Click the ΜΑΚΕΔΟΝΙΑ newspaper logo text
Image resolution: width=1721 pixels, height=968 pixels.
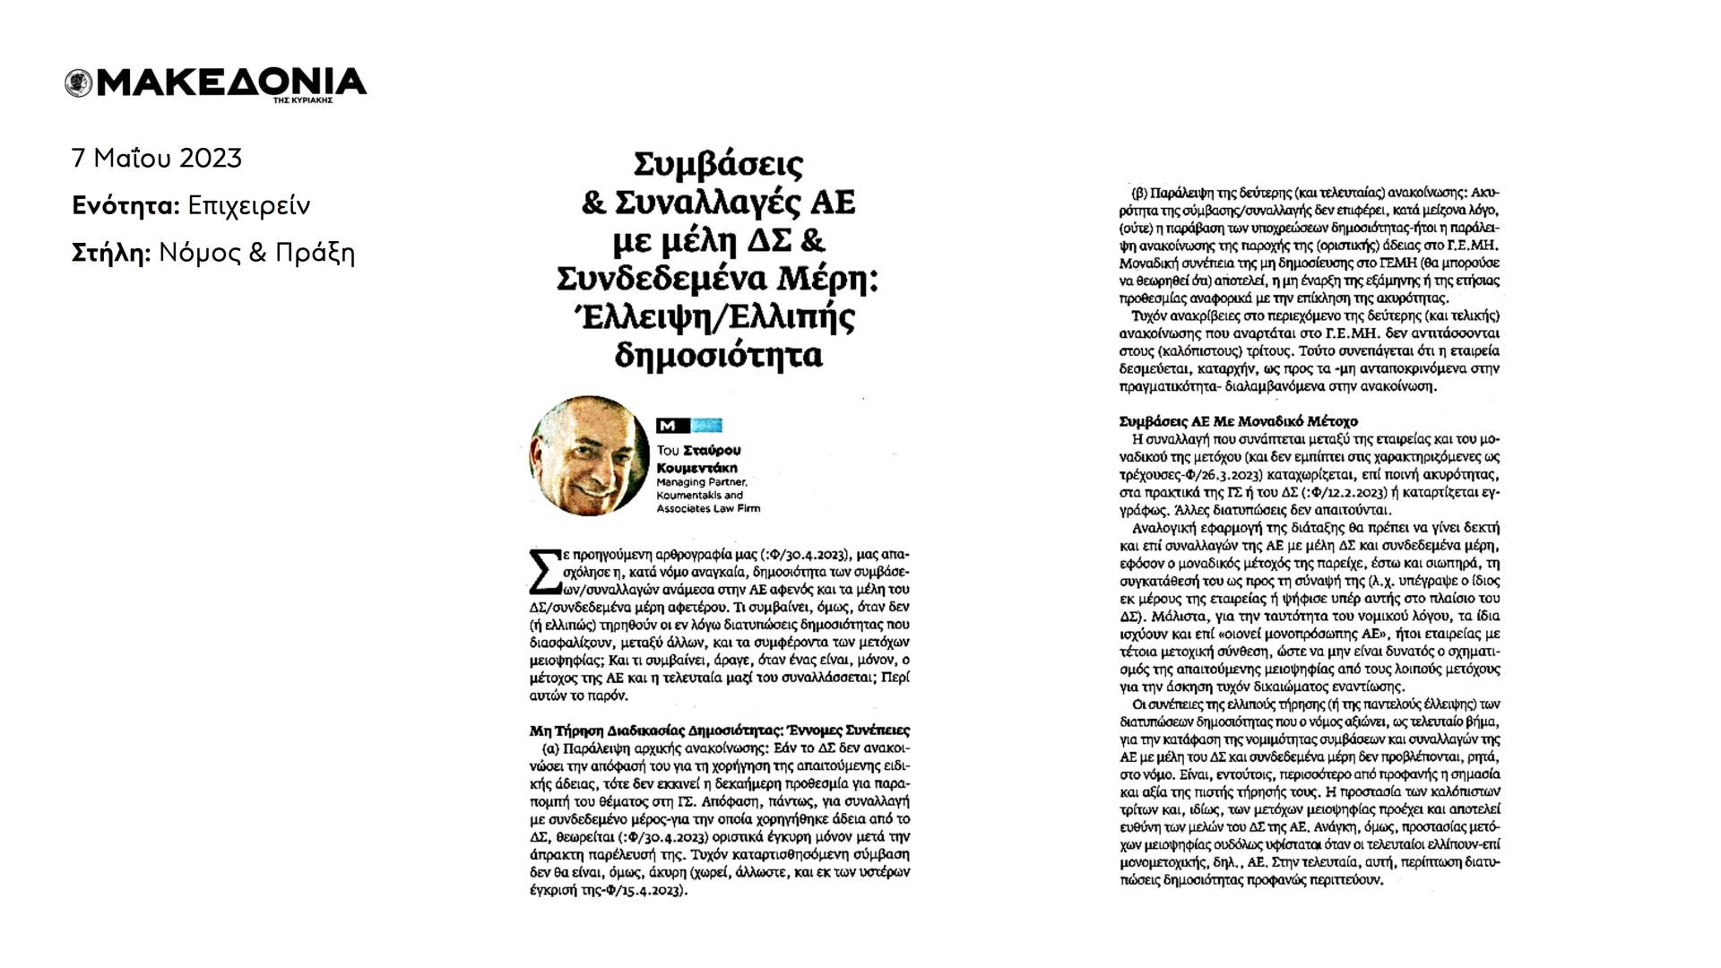pyautogui.click(x=231, y=82)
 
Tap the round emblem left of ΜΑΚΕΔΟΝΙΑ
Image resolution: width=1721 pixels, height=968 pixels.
pyautogui.click(x=79, y=83)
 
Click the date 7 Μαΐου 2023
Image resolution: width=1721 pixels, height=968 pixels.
pyautogui.click(x=157, y=159)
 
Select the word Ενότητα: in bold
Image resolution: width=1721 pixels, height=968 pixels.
pyautogui.click(x=126, y=206)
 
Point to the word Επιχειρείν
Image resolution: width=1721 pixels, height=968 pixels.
pyautogui.click(x=249, y=206)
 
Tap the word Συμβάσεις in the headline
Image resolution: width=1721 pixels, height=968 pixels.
pyautogui.click(x=718, y=165)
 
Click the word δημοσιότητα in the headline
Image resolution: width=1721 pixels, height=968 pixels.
pyautogui.click(x=718, y=355)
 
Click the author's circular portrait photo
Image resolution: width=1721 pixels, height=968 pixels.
pyautogui.click(x=589, y=455)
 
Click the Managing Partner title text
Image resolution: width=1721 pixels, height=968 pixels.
pyautogui.click(x=702, y=481)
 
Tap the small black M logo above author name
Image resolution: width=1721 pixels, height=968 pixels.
pyautogui.click(x=667, y=426)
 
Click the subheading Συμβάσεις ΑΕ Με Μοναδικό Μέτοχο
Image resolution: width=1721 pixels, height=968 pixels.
pyautogui.click(x=1238, y=420)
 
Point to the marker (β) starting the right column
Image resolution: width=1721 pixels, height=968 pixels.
pyautogui.click(x=1140, y=193)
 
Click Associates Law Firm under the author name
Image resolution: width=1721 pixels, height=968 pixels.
pyautogui.click(x=708, y=508)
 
